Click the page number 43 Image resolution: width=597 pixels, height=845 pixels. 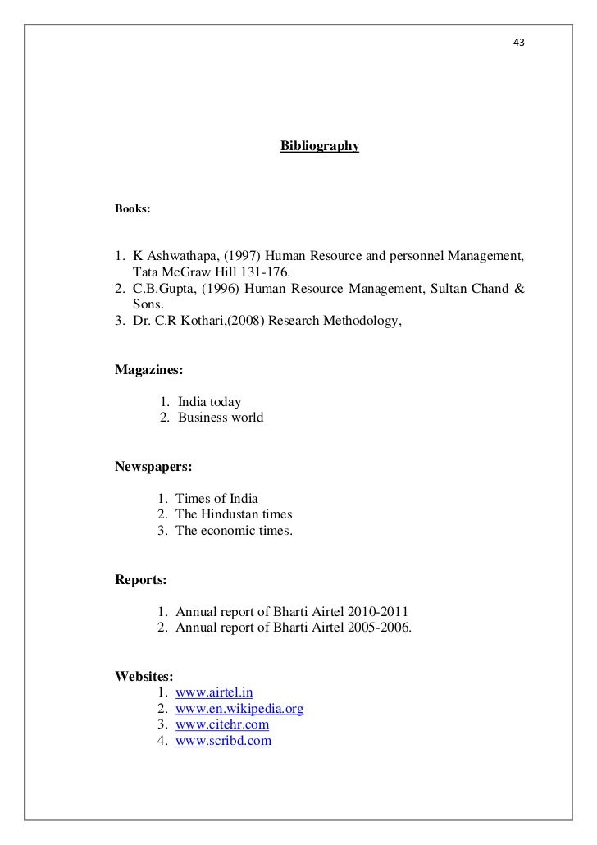point(518,41)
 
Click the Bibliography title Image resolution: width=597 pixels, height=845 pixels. point(320,147)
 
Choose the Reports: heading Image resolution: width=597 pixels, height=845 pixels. point(141,580)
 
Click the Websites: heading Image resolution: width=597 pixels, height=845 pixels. point(144,677)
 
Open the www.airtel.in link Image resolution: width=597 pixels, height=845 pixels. point(220,692)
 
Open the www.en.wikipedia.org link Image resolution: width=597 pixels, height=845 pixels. point(240,709)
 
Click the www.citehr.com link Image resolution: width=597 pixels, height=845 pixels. point(222,725)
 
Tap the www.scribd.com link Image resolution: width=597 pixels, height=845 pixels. point(223,741)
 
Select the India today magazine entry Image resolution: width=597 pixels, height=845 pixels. point(209,402)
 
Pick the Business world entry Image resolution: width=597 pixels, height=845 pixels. point(221,418)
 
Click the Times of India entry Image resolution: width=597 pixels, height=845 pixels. point(216,499)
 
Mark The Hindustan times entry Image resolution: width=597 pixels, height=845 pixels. point(234,515)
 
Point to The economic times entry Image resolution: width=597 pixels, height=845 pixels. point(234,531)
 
